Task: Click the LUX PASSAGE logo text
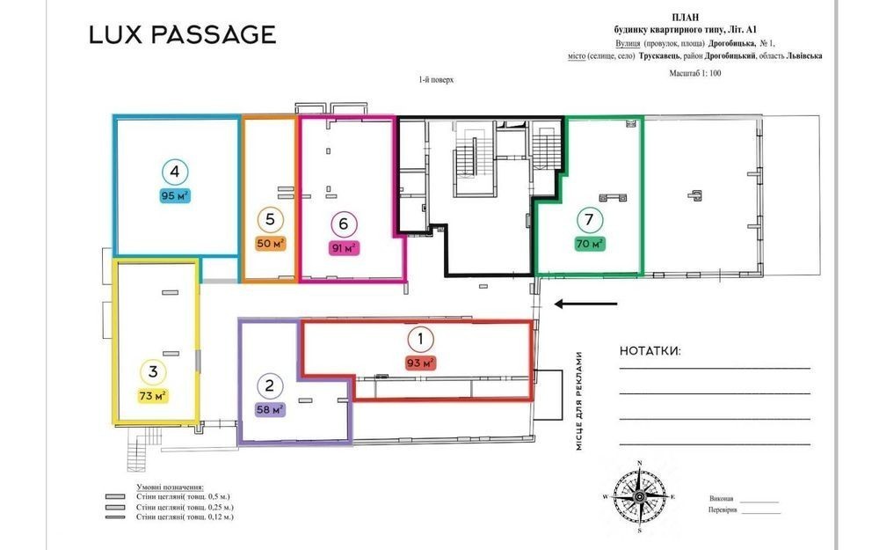183,35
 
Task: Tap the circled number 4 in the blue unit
175,172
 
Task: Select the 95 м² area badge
175,196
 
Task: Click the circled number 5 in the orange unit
270,220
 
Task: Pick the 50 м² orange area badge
270,244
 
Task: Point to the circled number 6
344,224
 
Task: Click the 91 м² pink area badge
344,248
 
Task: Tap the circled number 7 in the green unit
589,220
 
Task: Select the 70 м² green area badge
590,244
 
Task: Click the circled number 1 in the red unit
420,339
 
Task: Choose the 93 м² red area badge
420,363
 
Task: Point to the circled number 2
270,386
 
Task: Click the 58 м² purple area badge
270,410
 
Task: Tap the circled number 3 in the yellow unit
153,371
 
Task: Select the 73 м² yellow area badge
153,396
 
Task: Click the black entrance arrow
585,304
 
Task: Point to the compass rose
640,497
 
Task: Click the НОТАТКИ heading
650,351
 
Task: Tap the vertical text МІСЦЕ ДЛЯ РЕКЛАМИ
579,400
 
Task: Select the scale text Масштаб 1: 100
695,74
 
